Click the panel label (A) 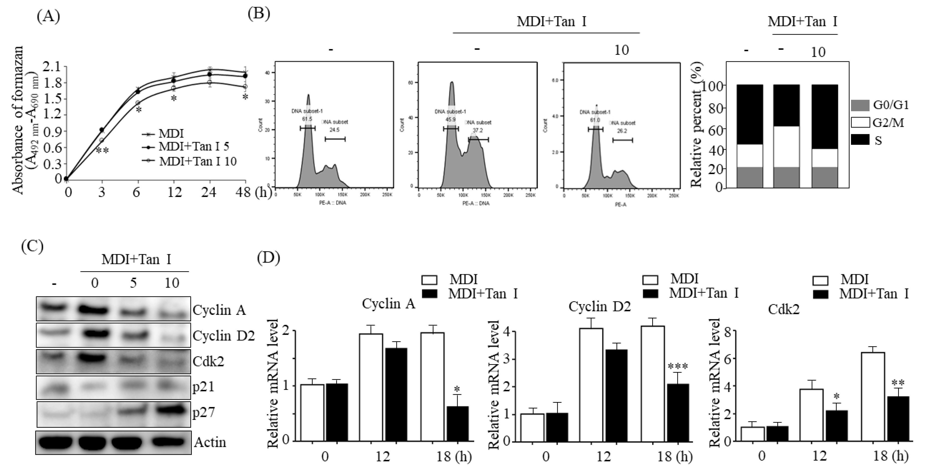[x=48, y=17]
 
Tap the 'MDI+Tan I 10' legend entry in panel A [x=197, y=161]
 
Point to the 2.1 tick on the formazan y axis [x=51, y=67]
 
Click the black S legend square [x=860, y=140]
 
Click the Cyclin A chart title [x=388, y=304]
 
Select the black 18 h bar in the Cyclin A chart [x=457, y=424]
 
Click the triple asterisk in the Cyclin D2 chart [x=678, y=367]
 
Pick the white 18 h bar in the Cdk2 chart [x=873, y=397]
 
